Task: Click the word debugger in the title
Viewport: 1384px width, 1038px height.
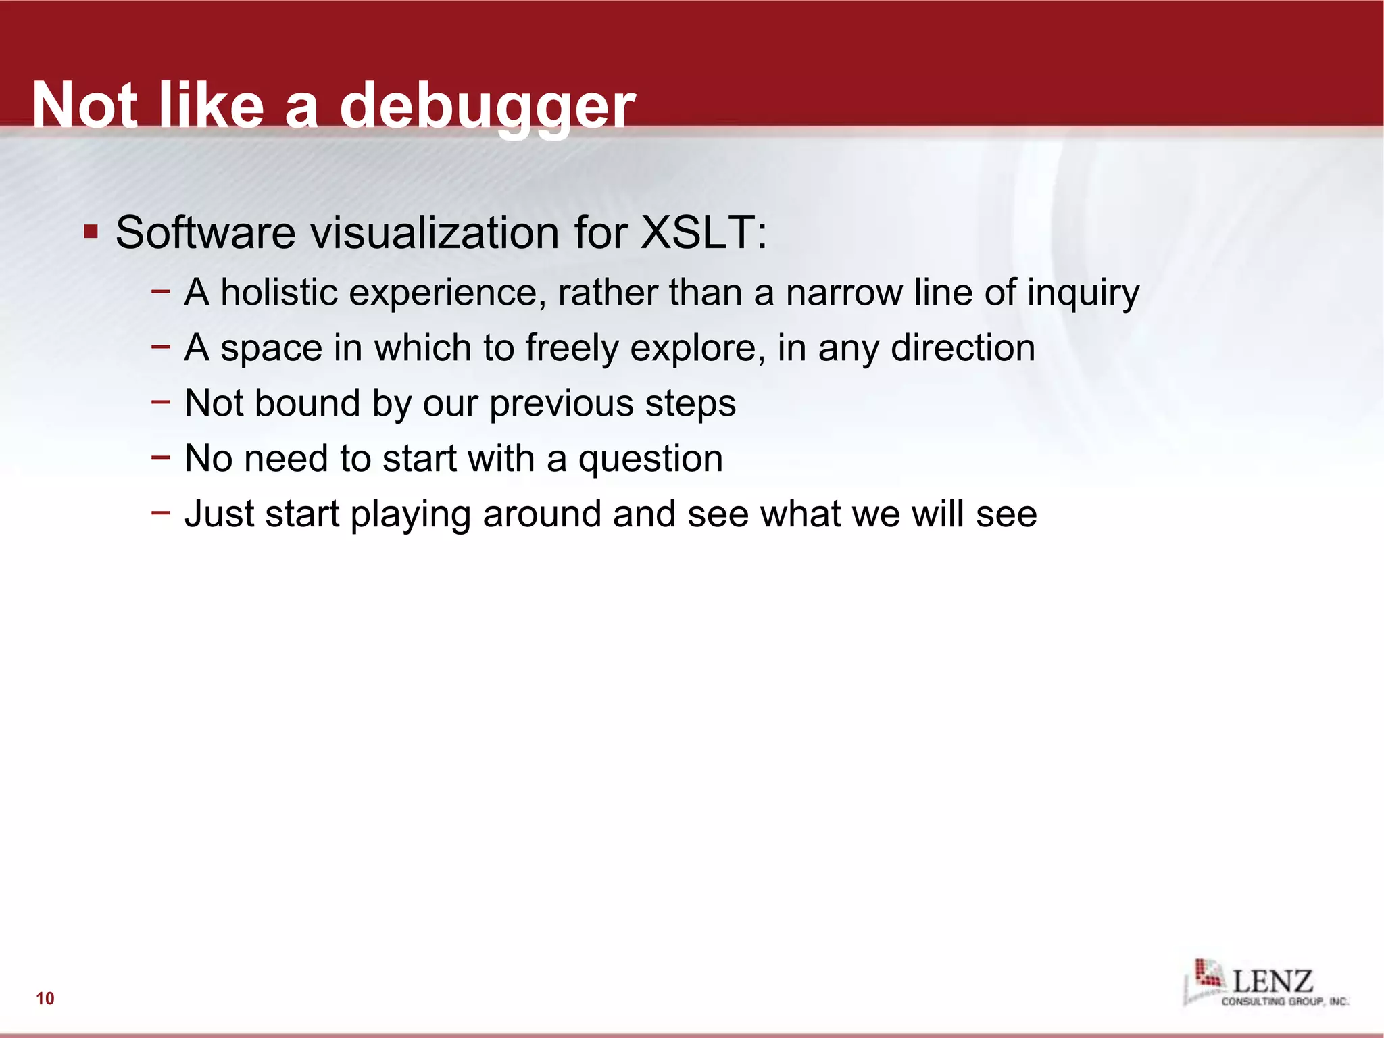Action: point(487,107)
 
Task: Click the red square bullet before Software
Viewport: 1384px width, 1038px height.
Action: point(91,232)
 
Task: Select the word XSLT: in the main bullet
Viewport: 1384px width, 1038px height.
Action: point(703,232)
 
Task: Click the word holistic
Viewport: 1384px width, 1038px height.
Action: point(279,293)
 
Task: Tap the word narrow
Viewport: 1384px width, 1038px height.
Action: point(844,293)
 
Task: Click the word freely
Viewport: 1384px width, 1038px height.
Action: point(572,349)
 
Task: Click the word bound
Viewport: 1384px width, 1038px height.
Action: point(307,403)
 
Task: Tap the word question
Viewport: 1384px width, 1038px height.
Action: point(650,460)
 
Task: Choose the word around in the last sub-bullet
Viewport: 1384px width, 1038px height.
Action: point(542,514)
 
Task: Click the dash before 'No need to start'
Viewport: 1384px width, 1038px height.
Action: point(161,458)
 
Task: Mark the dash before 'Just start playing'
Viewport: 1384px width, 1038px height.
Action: point(161,512)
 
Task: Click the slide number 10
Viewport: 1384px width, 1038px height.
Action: point(45,998)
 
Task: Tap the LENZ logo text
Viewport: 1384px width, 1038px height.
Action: point(1272,981)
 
